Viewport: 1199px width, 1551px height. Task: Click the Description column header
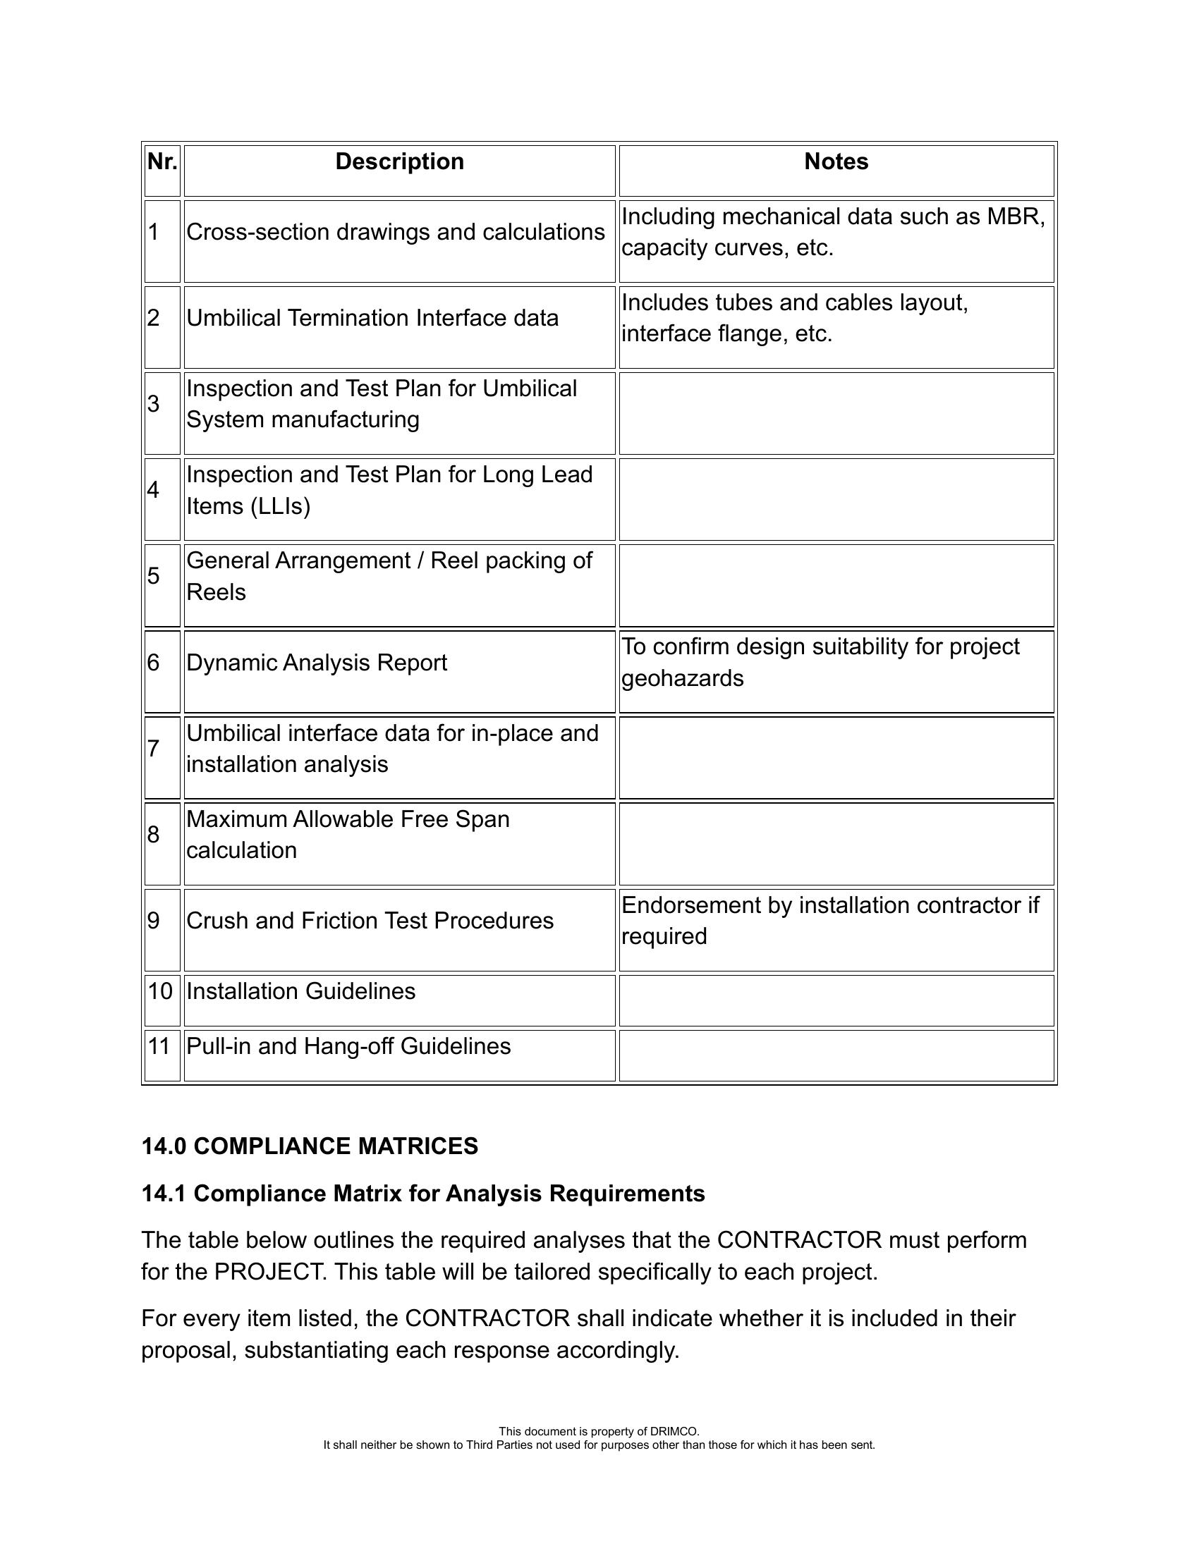pos(399,162)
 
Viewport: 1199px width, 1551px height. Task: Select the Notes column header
pos(836,162)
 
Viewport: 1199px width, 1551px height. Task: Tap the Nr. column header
pos(162,162)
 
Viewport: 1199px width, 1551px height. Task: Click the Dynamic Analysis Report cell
pos(317,663)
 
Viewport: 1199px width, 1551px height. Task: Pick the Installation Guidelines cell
pos(301,991)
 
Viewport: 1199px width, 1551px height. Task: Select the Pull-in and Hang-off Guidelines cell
pos(348,1047)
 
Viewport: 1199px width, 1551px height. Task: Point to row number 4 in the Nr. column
pos(154,490)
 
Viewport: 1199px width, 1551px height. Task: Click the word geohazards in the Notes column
pos(683,679)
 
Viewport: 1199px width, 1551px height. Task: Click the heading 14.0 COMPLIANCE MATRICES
pos(310,1147)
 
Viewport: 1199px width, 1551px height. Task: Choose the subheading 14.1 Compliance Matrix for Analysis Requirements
pos(423,1194)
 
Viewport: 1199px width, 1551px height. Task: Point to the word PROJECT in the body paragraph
pos(269,1272)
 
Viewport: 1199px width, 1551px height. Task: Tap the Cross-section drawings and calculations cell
pos(396,232)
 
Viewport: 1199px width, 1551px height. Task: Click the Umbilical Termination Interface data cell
pos(372,318)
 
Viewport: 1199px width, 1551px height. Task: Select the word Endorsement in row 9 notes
pos(691,905)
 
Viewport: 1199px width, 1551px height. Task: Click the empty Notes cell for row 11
pos(836,1056)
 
